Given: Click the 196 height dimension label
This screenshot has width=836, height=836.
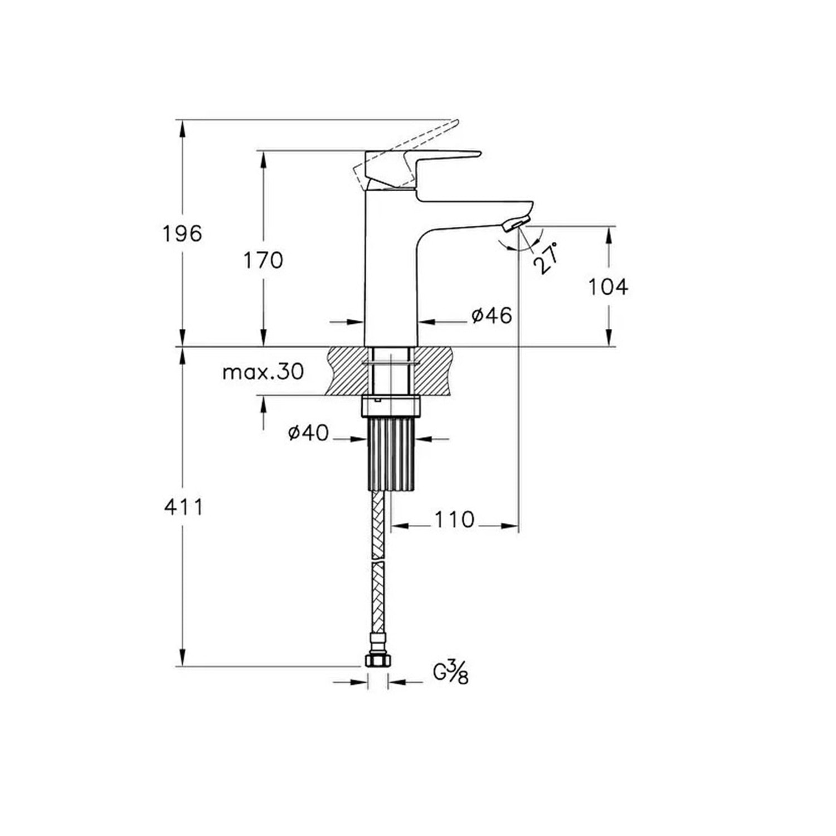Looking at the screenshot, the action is (182, 234).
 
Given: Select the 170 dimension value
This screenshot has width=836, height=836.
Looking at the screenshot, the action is (263, 260).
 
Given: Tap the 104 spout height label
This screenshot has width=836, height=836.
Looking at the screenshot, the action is (609, 287).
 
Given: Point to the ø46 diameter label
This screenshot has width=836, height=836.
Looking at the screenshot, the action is (492, 316).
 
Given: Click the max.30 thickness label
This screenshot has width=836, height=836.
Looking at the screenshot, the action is (263, 372).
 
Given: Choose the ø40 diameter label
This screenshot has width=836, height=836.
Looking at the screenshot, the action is (309, 432).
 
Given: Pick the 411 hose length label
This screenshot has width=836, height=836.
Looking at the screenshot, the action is (184, 507).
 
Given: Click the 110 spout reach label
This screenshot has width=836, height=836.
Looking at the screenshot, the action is (455, 519).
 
